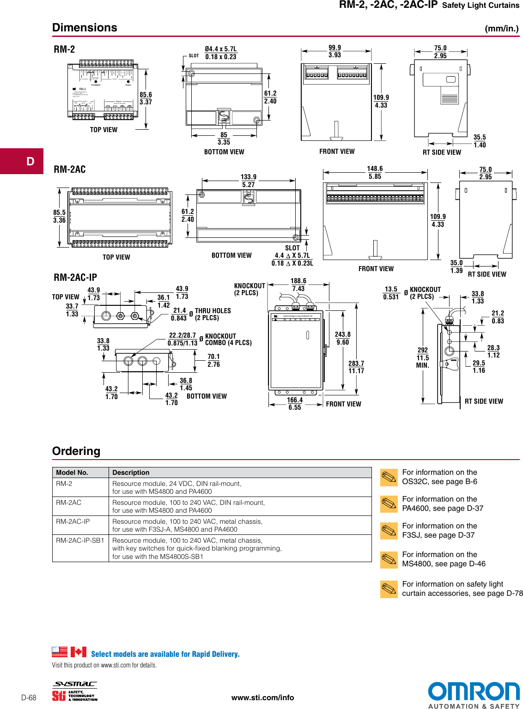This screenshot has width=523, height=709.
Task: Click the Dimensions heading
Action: (x=85, y=28)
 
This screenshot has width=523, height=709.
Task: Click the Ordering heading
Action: (x=76, y=451)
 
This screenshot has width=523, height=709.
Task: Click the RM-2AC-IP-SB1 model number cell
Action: (x=80, y=540)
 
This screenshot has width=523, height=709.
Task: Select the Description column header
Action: (x=131, y=473)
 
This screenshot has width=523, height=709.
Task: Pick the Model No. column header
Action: (x=72, y=473)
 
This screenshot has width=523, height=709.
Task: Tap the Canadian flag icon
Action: (x=78, y=652)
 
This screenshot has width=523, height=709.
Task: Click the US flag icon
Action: (x=60, y=652)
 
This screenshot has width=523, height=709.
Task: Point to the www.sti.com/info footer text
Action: (x=262, y=697)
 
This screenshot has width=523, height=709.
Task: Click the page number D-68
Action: (x=29, y=697)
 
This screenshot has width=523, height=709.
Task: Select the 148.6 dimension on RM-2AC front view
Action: (x=375, y=169)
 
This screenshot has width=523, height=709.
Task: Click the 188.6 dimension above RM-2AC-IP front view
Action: (x=298, y=281)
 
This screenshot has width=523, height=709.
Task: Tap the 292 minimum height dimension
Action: (x=422, y=350)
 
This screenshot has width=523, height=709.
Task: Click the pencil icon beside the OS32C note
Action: (x=389, y=477)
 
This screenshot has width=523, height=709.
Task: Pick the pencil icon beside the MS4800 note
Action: (x=389, y=559)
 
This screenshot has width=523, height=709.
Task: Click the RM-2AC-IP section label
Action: (x=75, y=277)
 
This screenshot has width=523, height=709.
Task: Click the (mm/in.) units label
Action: (x=502, y=29)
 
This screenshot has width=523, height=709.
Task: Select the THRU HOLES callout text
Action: (x=213, y=311)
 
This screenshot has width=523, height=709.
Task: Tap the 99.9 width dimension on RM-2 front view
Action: (x=334, y=48)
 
